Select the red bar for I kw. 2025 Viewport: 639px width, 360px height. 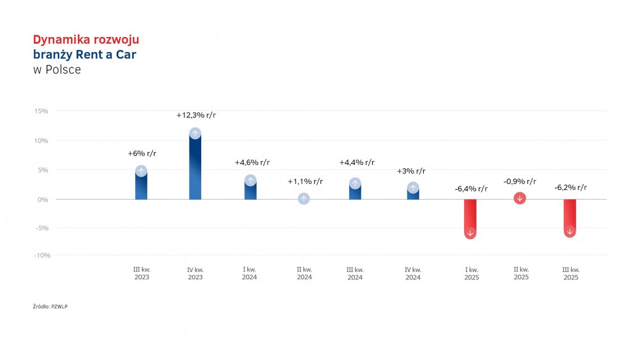[x=470, y=216]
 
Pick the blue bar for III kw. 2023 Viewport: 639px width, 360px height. [x=141, y=185]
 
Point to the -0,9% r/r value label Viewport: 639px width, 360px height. [x=520, y=181]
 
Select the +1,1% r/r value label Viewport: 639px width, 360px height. [x=305, y=181]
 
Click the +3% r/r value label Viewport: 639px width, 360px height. [x=411, y=171]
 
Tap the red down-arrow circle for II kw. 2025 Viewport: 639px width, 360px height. [x=520, y=198]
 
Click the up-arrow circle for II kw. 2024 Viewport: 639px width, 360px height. [x=303, y=199]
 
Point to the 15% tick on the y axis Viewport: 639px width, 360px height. [x=41, y=111]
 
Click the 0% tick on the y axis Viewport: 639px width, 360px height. [x=43, y=199]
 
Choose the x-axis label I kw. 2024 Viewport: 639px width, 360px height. [x=249, y=274]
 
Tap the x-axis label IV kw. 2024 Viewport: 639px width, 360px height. [x=413, y=274]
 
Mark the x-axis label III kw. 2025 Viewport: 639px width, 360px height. [x=571, y=274]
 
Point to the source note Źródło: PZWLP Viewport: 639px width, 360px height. [x=50, y=306]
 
